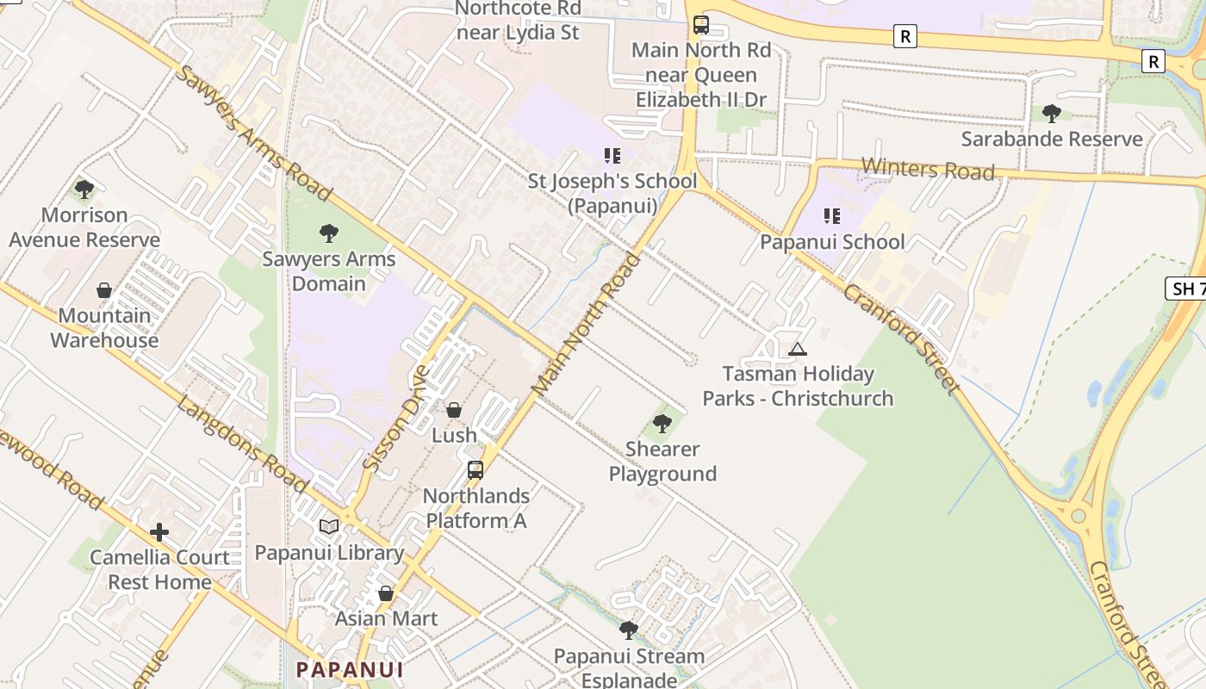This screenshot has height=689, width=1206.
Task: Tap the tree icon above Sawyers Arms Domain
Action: tap(328, 233)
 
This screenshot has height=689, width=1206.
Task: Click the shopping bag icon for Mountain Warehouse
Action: tap(104, 290)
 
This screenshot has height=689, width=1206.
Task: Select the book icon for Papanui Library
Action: tap(329, 526)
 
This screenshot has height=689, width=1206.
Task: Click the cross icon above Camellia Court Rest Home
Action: tap(159, 532)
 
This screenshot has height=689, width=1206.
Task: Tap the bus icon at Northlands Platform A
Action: tap(476, 470)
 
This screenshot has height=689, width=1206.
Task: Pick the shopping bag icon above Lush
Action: tap(454, 410)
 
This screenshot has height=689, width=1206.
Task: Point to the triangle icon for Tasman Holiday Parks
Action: tap(798, 349)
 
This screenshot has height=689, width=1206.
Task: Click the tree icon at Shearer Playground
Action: tap(662, 423)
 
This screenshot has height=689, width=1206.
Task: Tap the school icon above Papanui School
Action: tap(831, 215)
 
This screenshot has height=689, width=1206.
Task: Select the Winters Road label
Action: tap(928, 168)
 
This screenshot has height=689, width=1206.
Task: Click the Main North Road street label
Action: tap(587, 324)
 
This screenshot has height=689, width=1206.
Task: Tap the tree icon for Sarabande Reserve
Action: tap(1051, 113)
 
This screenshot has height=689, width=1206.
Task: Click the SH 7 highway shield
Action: tap(1187, 289)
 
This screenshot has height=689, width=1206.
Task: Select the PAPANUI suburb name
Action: tap(350, 669)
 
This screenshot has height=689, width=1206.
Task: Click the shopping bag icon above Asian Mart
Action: tap(386, 593)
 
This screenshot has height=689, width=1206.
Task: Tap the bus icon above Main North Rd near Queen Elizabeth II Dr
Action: tap(701, 24)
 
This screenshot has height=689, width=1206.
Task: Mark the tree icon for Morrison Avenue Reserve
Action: tap(84, 189)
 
